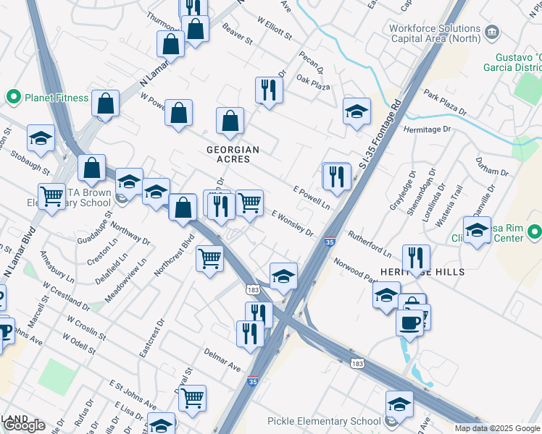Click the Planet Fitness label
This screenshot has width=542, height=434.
[x=57, y=98]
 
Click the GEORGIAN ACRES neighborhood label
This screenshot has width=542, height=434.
[x=233, y=154]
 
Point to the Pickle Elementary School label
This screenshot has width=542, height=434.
[x=324, y=421]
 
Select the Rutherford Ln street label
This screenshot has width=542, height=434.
[x=369, y=244]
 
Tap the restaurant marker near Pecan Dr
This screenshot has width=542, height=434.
[x=268, y=90]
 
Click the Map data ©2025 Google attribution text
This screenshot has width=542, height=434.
[x=497, y=428]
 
